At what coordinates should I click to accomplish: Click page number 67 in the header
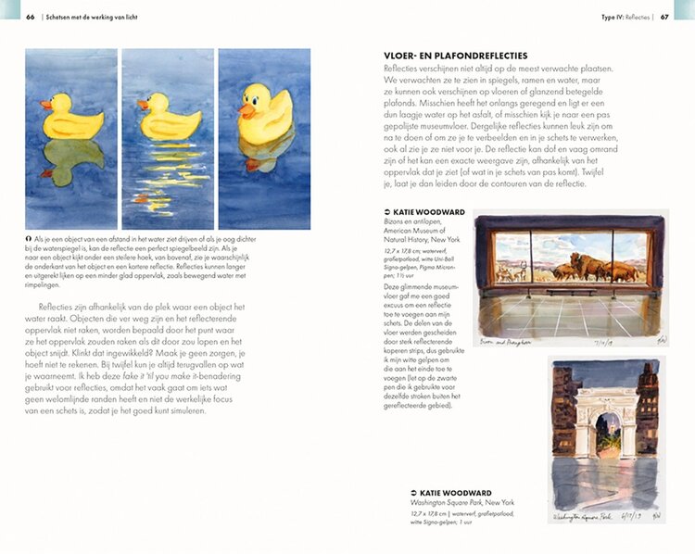[664, 17]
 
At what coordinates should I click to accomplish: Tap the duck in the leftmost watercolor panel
[71, 118]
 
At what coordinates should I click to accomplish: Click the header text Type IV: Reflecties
[625, 17]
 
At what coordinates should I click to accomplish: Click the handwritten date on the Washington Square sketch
[632, 516]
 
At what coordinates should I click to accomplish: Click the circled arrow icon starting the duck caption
[29, 238]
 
